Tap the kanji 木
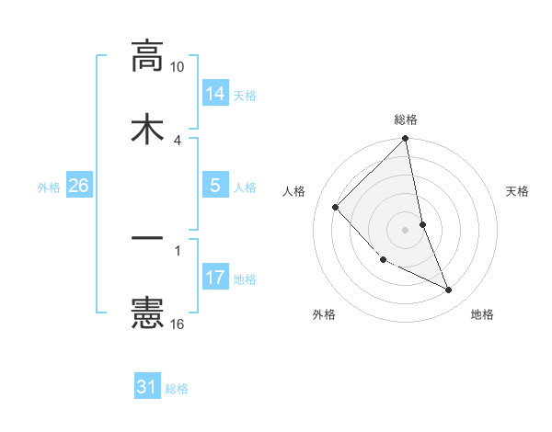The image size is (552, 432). point(147,129)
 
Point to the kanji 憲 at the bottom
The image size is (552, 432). point(147,313)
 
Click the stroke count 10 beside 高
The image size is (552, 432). point(178,67)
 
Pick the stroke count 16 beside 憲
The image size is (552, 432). point(178,324)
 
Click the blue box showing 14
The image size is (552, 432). point(215,93)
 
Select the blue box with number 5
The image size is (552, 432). point(215,186)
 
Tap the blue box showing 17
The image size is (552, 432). point(215,277)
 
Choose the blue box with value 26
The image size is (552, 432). point(78,186)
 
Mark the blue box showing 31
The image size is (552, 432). point(147,387)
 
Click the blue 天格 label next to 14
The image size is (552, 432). point(245,95)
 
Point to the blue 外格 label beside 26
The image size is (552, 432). point(49,187)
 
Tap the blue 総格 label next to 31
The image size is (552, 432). point(177,389)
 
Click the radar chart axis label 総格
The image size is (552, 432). point(406,119)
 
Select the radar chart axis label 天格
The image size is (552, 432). point(518,191)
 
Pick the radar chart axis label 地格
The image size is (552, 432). point(482,315)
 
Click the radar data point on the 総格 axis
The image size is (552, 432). point(406,140)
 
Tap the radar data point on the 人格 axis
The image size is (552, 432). point(336,207)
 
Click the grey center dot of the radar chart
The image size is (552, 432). point(406,229)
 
